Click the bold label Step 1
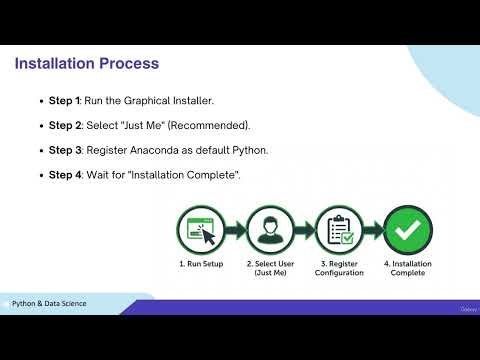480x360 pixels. click(x=66, y=101)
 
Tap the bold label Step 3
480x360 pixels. click(x=66, y=150)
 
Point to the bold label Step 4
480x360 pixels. click(x=66, y=175)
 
